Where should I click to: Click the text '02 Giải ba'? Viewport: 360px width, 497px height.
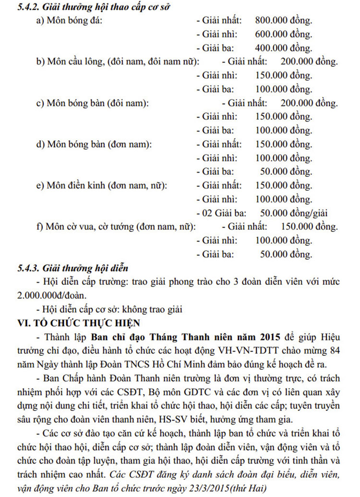point(216,213)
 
